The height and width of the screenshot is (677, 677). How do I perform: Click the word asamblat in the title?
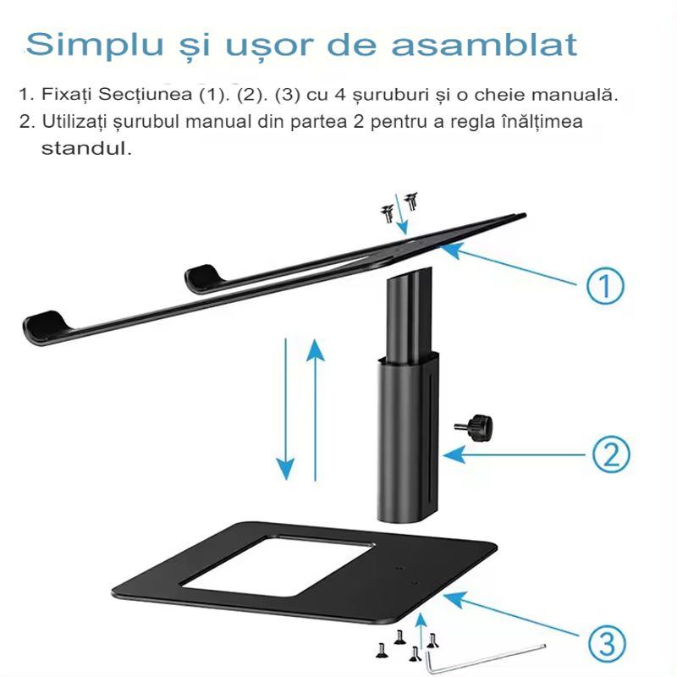[498, 44]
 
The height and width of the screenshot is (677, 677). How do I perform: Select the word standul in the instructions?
[87, 149]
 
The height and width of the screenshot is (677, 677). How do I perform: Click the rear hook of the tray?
[202, 277]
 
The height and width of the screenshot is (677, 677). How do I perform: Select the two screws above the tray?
[399, 205]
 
